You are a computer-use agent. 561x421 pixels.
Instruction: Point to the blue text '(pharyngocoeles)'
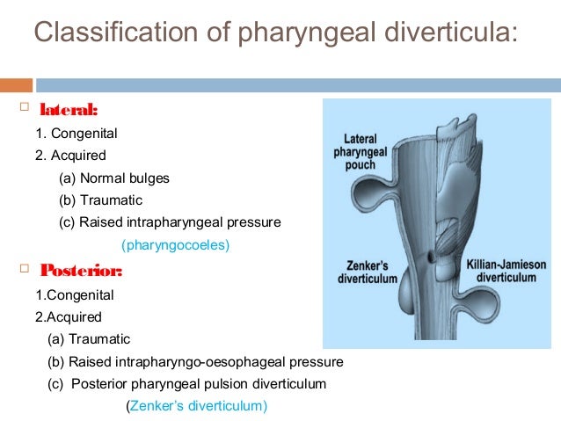[x=175, y=245]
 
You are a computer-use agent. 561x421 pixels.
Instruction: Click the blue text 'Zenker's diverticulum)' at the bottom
[x=199, y=406]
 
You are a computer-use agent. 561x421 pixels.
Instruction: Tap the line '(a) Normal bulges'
[x=114, y=178]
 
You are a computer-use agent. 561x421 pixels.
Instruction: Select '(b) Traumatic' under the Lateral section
[x=100, y=200]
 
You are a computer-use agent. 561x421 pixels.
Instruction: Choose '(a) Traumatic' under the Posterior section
[x=89, y=339]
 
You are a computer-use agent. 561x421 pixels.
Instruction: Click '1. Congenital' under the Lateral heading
[x=76, y=134]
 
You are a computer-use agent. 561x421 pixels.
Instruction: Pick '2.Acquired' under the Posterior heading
[x=68, y=316]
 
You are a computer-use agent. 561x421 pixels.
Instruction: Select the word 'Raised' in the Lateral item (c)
[x=98, y=222]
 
